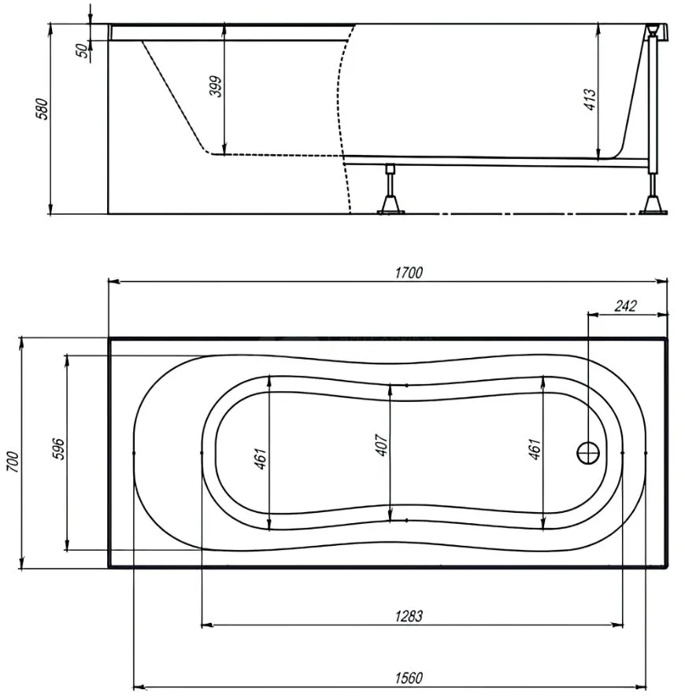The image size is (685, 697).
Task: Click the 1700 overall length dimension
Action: pos(409,272)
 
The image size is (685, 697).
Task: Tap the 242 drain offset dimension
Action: pos(625,306)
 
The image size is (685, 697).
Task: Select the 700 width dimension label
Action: pos(13,462)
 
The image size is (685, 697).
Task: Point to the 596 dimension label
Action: pos(58,448)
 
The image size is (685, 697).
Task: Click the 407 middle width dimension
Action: pos(382,445)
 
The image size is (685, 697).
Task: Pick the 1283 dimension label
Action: pos(409,616)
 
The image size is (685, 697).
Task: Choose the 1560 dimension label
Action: pos(409,678)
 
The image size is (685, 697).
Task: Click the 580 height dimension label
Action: pos(42,109)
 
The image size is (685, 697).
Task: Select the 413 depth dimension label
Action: pos(590,100)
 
